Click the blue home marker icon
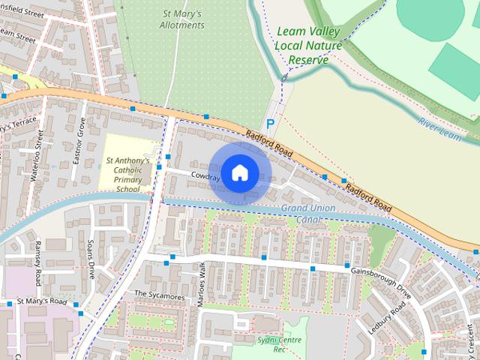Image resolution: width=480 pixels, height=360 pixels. pyautogui.click(x=239, y=172)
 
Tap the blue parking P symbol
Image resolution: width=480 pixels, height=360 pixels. pyautogui.click(x=271, y=123)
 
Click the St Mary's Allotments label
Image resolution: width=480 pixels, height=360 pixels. pyautogui.click(x=183, y=19)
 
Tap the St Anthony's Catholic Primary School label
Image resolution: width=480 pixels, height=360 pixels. pyautogui.click(x=127, y=175)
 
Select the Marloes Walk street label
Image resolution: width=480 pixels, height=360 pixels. pyautogui.click(x=200, y=283)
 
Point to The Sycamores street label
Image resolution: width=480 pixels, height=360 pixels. pyautogui.click(x=159, y=296)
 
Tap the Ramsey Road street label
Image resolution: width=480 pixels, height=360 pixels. pyautogui.click(x=37, y=263)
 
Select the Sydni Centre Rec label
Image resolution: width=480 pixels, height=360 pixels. pyautogui.click(x=270, y=344)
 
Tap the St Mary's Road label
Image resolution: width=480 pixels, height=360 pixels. pyautogui.click(x=42, y=301)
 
